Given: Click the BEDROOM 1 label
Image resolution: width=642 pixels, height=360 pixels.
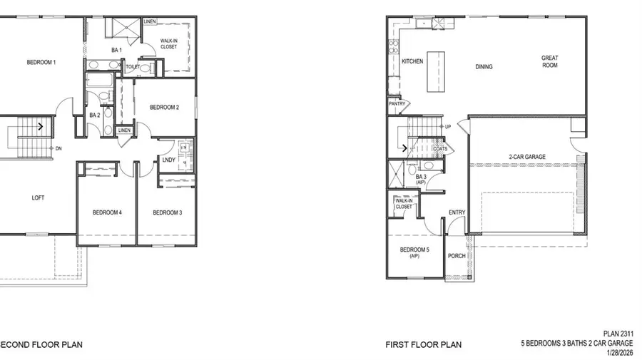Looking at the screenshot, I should (x=41, y=63).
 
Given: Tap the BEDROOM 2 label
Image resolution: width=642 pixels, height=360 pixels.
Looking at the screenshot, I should (x=163, y=108).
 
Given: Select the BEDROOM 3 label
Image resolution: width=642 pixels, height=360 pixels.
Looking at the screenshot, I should (x=167, y=212).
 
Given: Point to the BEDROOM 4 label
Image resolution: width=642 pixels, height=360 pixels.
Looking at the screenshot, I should (x=107, y=212).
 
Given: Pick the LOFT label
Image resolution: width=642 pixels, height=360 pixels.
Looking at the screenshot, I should (x=38, y=197).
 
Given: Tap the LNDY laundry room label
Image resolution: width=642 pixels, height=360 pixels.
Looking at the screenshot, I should (x=169, y=160).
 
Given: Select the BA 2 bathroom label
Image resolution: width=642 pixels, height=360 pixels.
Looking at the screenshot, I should (x=93, y=115).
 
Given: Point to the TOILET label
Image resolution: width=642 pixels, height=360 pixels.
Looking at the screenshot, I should (x=133, y=67).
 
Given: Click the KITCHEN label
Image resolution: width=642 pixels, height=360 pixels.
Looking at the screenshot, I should (x=412, y=62).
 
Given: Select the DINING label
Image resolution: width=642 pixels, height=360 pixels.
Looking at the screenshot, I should (x=484, y=67).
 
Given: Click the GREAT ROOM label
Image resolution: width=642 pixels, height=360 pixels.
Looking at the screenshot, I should (x=549, y=62).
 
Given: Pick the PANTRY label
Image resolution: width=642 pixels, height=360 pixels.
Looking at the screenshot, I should (x=397, y=104).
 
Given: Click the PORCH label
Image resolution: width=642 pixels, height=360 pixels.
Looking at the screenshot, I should (x=456, y=256).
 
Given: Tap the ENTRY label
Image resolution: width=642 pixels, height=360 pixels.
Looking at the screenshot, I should (x=457, y=212).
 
